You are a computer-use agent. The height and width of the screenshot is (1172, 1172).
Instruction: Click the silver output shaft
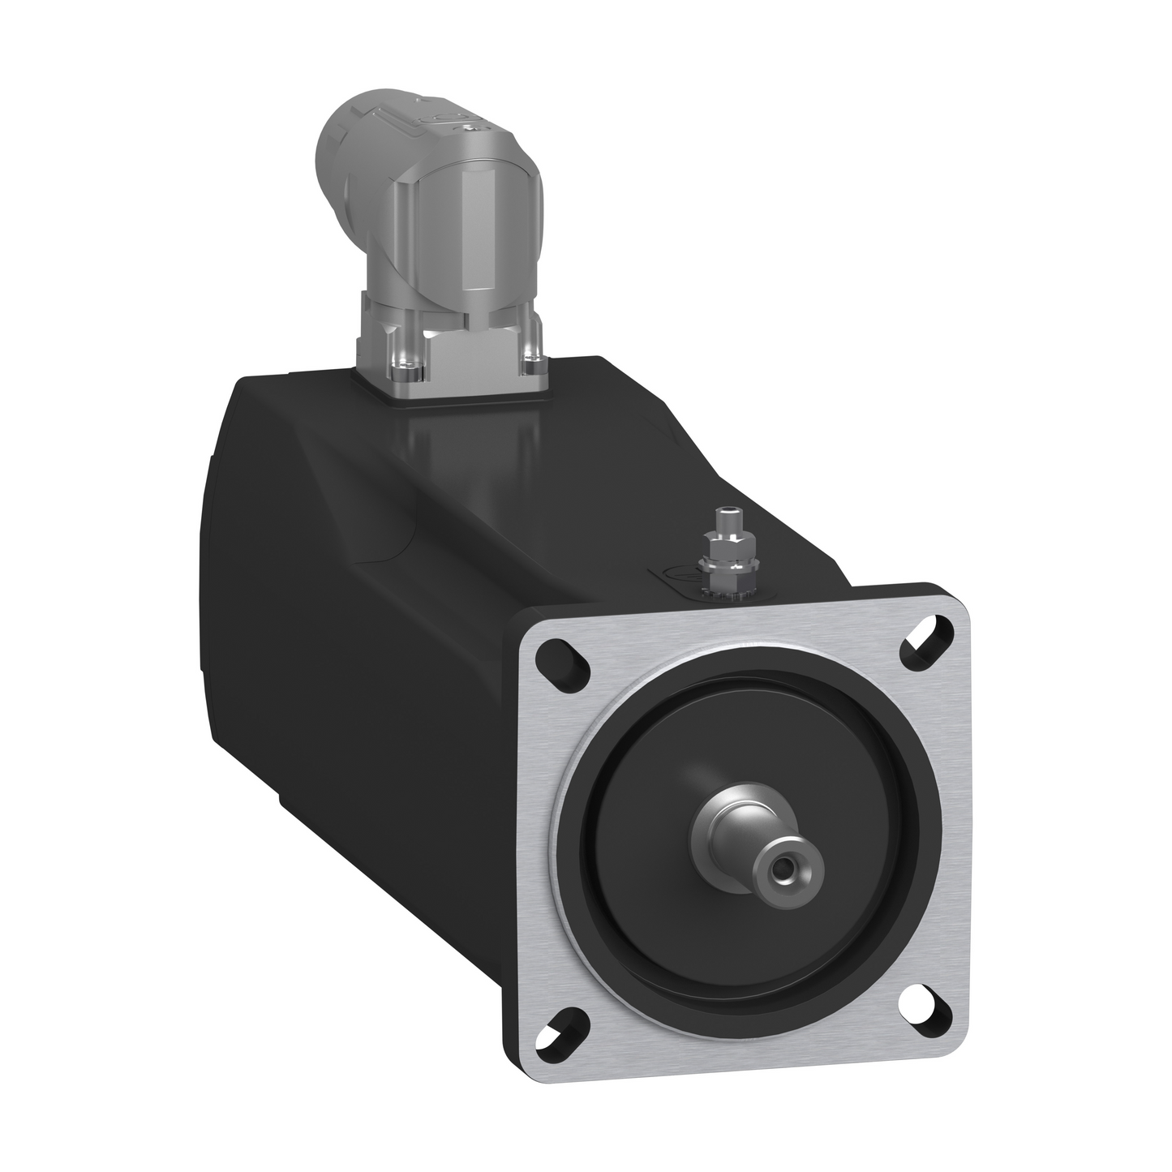point(754,852)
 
